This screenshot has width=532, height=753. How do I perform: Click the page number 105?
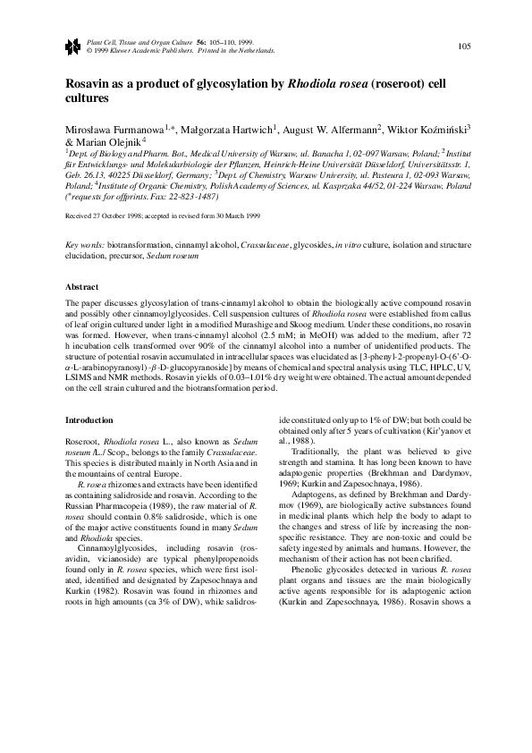pyautogui.click(x=464, y=46)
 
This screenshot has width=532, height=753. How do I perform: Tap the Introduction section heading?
pyautogui.click(x=90, y=420)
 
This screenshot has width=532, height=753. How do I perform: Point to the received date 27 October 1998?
pyautogui.click(x=116, y=216)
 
